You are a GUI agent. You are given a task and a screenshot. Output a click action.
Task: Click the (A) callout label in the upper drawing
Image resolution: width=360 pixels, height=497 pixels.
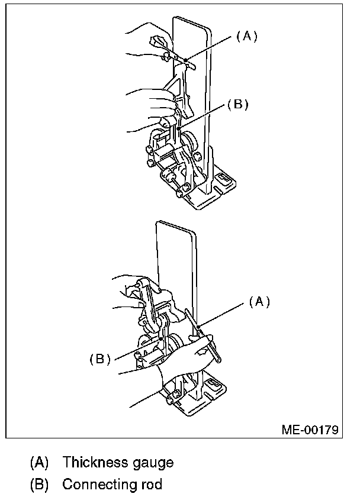coord(247,37)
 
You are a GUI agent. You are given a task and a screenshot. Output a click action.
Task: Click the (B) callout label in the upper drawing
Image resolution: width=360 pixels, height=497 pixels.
coord(236,105)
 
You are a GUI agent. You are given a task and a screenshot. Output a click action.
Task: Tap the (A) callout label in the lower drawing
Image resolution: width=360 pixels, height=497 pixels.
coord(259,302)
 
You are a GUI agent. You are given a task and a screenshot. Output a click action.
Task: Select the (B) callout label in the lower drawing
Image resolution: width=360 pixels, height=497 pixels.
coord(100,359)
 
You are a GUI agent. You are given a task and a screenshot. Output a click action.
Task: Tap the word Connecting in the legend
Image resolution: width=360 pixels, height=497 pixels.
coord(98,484)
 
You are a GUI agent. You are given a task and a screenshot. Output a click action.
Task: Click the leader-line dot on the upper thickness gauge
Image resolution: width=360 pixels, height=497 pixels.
coord(186,59)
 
